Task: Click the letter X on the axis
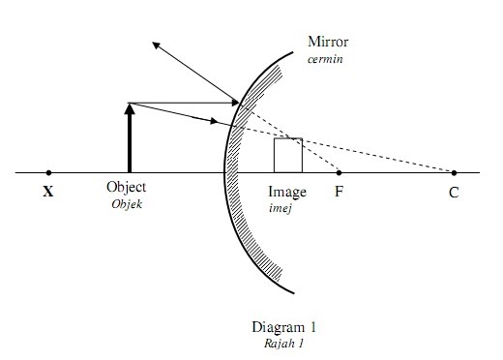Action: pos(47,192)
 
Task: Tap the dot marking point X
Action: pos(48,172)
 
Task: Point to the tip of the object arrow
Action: pos(129,104)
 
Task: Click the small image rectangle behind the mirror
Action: pos(287,155)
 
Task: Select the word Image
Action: pos(287,191)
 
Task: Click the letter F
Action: pos(339,191)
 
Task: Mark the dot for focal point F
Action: pos(339,172)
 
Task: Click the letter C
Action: pos(454,192)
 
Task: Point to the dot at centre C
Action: pos(454,172)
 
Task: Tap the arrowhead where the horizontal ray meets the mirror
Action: pos(235,103)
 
